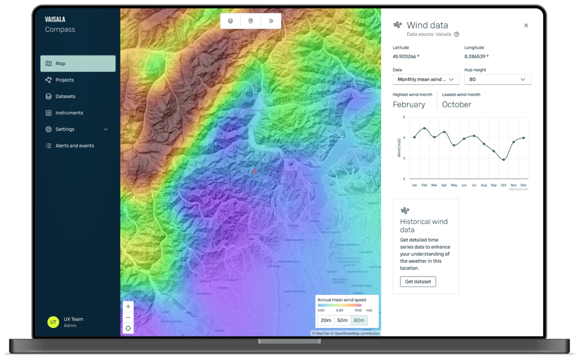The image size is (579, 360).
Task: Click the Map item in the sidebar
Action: coord(77,64)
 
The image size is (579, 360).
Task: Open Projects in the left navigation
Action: coord(65,80)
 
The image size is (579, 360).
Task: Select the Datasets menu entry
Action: coord(65,97)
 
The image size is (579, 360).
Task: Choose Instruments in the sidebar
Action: coord(69,113)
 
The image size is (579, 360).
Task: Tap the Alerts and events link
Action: coord(74,146)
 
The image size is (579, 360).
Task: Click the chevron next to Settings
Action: coord(106,130)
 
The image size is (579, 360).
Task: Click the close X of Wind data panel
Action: coord(526,26)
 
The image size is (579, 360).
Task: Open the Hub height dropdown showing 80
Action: coord(497,79)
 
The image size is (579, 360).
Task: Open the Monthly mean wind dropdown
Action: coord(426,79)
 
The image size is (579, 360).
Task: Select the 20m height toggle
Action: coord(326,320)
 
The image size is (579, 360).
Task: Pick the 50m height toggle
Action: coord(343,320)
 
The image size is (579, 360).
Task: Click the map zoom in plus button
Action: coord(128,307)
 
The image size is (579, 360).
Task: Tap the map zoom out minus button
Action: coord(128,318)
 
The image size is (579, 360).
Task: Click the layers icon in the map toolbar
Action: coord(230,21)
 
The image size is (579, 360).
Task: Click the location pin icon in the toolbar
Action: coord(251,21)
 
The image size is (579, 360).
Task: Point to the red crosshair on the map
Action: coord(254,172)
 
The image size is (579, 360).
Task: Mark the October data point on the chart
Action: coord(504,160)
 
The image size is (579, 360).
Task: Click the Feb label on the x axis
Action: coord(424,185)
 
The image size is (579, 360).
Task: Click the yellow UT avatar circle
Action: coord(53,322)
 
